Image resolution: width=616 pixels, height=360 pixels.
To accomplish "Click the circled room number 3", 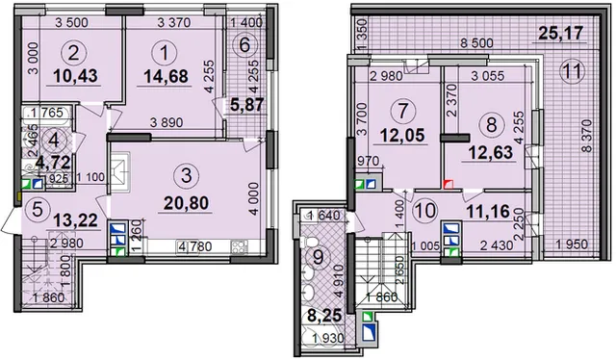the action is [187, 176].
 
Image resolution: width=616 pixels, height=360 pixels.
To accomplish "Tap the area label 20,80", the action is [186, 203].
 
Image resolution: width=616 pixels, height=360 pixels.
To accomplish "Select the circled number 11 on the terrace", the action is [573, 72].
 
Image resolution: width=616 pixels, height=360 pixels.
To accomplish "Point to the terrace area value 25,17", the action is [560, 33].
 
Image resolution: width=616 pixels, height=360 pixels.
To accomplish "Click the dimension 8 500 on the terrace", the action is [476, 43].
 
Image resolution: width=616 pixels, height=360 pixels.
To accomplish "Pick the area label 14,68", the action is [166, 76].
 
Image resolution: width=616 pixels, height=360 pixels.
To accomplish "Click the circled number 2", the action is [73, 54].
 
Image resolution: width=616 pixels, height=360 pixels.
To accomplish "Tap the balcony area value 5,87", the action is [246, 105].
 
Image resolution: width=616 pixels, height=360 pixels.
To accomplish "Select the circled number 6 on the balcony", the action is [244, 45].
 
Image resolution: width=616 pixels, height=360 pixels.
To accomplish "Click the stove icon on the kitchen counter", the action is [239, 246].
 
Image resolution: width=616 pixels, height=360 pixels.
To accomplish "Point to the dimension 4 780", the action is [194, 246].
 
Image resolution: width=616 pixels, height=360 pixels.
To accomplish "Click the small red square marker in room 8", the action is [449, 184].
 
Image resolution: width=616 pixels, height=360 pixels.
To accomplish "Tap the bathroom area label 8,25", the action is [324, 315].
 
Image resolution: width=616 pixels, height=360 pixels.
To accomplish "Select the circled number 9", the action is [318, 257].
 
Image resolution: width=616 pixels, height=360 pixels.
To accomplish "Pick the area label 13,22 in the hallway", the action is [75, 220].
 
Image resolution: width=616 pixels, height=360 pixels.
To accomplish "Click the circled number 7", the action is [402, 112].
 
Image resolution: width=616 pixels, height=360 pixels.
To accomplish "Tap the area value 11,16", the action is [488, 212].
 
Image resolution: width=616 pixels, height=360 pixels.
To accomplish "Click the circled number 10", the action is [425, 210].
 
